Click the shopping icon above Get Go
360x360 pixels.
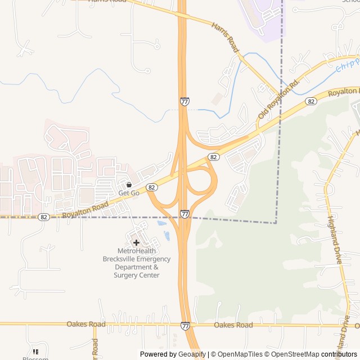tap(129, 184)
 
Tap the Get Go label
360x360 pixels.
tap(129, 193)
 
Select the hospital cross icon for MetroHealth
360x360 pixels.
tap(136, 242)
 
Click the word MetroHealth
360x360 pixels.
tap(136, 251)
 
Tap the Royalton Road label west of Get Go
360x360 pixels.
tap(85, 211)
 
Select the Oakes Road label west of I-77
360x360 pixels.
tap(85, 325)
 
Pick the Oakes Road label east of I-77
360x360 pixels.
tap(233, 325)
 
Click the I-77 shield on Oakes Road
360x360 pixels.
tap(185, 326)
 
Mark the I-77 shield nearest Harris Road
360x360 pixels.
tap(184, 101)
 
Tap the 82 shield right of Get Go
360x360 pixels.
tap(151, 187)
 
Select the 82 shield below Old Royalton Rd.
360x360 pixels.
tap(310, 101)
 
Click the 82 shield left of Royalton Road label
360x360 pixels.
tap(44, 217)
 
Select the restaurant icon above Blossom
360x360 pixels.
tap(36, 352)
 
